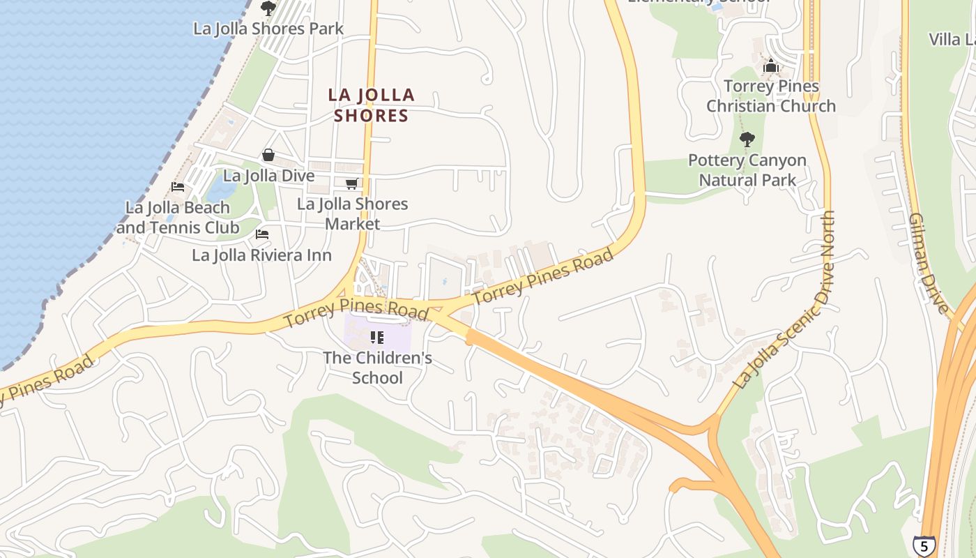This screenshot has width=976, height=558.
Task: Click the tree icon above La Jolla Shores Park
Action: (x=268, y=8)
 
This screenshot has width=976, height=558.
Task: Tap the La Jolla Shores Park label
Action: (x=268, y=29)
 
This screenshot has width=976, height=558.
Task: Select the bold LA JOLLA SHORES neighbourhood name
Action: (x=372, y=105)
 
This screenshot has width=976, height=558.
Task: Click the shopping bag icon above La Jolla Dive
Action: (x=268, y=155)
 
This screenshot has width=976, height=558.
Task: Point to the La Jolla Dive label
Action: (x=268, y=176)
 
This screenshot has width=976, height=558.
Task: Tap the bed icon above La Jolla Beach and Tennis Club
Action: (x=178, y=187)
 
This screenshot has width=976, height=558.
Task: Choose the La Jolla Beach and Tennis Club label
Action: (x=178, y=218)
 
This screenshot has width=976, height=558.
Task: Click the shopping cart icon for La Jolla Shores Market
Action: (x=352, y=183)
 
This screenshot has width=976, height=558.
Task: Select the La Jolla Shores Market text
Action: (x=353, y=213)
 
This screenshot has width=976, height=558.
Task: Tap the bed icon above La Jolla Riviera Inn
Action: (x=262, y=234)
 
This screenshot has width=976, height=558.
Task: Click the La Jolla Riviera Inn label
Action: (x=261, y=255)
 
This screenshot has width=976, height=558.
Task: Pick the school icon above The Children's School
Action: (x=377, y=338)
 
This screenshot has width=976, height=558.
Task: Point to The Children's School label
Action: (x=377, y=368)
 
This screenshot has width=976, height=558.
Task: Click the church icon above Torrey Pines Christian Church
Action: (x=771, y=67)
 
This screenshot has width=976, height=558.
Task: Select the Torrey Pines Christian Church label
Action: (x=771, y=96)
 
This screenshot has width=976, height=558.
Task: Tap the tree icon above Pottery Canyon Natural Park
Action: (x=747, y=139)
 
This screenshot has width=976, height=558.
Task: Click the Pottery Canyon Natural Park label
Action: (x=747, y=170)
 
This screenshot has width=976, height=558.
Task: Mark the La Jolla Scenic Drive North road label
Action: (x=786, y=300)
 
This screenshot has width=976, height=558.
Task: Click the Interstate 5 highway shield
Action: (x=924, y=545)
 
